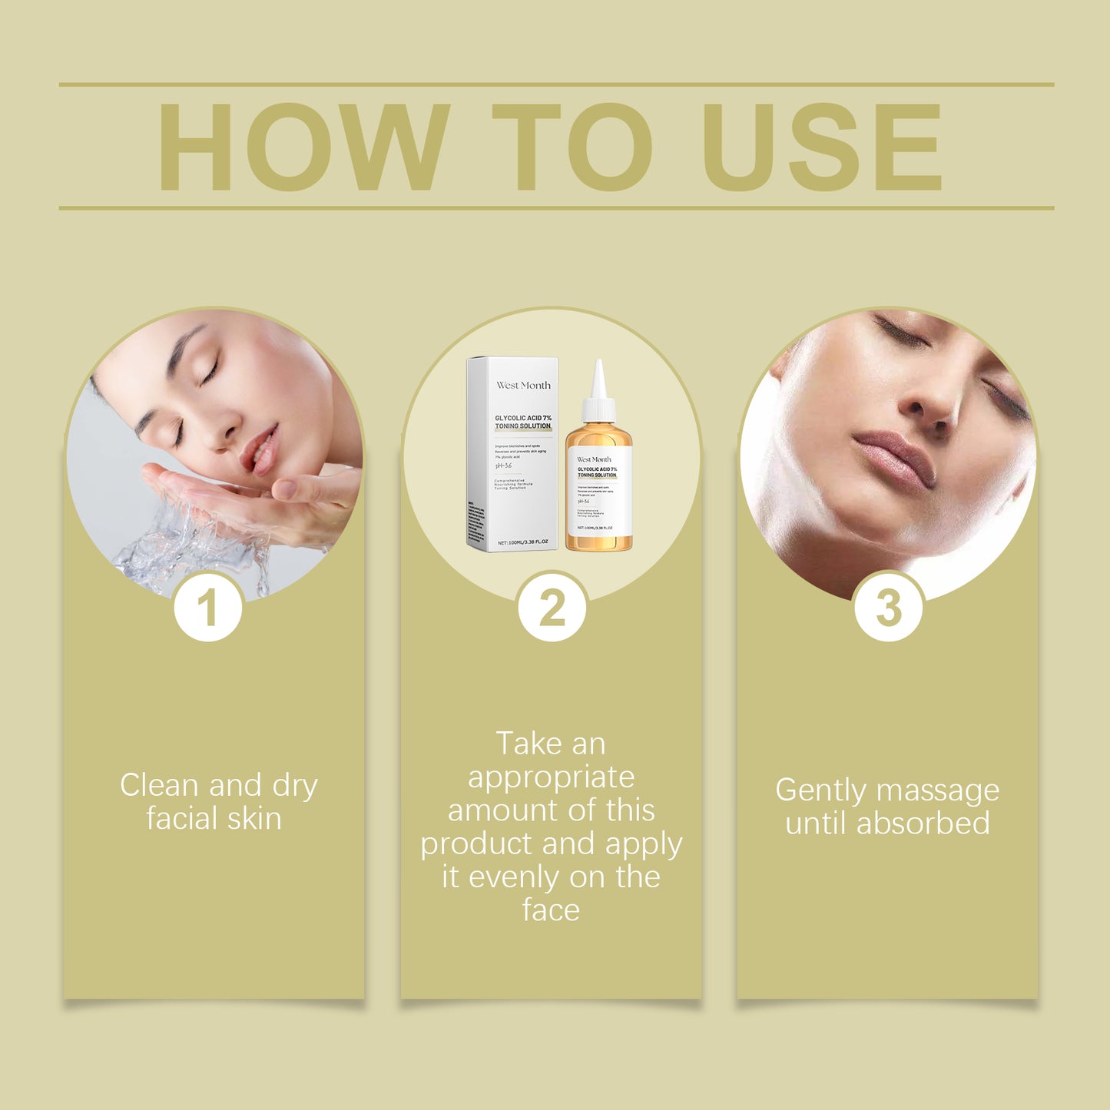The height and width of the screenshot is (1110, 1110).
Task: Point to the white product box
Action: click(512, 453)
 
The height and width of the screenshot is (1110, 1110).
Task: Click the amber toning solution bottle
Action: click(599, 492)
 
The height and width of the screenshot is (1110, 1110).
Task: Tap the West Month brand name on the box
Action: click(523, 386)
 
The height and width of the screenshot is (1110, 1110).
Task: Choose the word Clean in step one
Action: click(160, 785)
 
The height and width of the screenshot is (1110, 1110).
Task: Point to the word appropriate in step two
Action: click(551, 777)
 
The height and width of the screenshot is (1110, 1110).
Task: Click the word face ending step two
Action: click(551, 910)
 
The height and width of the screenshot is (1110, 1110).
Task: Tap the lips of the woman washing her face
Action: click(260, 450)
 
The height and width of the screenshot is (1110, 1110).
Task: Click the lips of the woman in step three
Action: click(895, 457)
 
